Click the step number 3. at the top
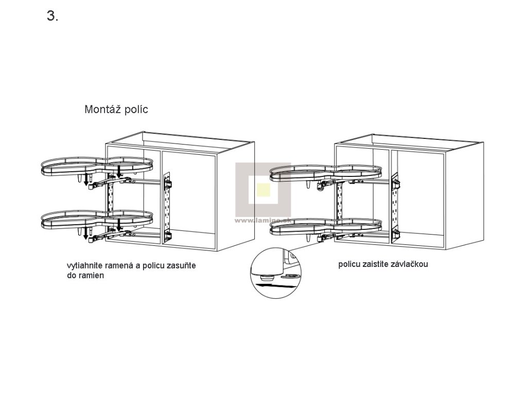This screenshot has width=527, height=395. tap(52, 16)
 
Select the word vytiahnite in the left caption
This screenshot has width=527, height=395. tap(84, 266)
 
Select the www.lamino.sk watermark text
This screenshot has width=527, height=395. tap(263, 220)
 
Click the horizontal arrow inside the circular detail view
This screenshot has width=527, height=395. tap(268, 282)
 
